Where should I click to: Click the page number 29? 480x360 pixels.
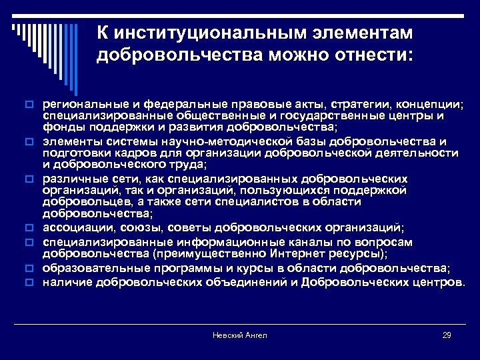click(x=447, y=335)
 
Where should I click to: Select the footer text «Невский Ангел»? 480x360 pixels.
click(x=240, y=335)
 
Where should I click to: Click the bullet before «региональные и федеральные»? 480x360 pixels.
click(x=29, y=105)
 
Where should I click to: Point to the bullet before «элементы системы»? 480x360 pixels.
click(x=29, y=142)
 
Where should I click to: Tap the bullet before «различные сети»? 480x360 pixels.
click(x=29, y=179)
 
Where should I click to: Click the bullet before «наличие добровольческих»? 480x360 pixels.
click(x=29, y=282)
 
